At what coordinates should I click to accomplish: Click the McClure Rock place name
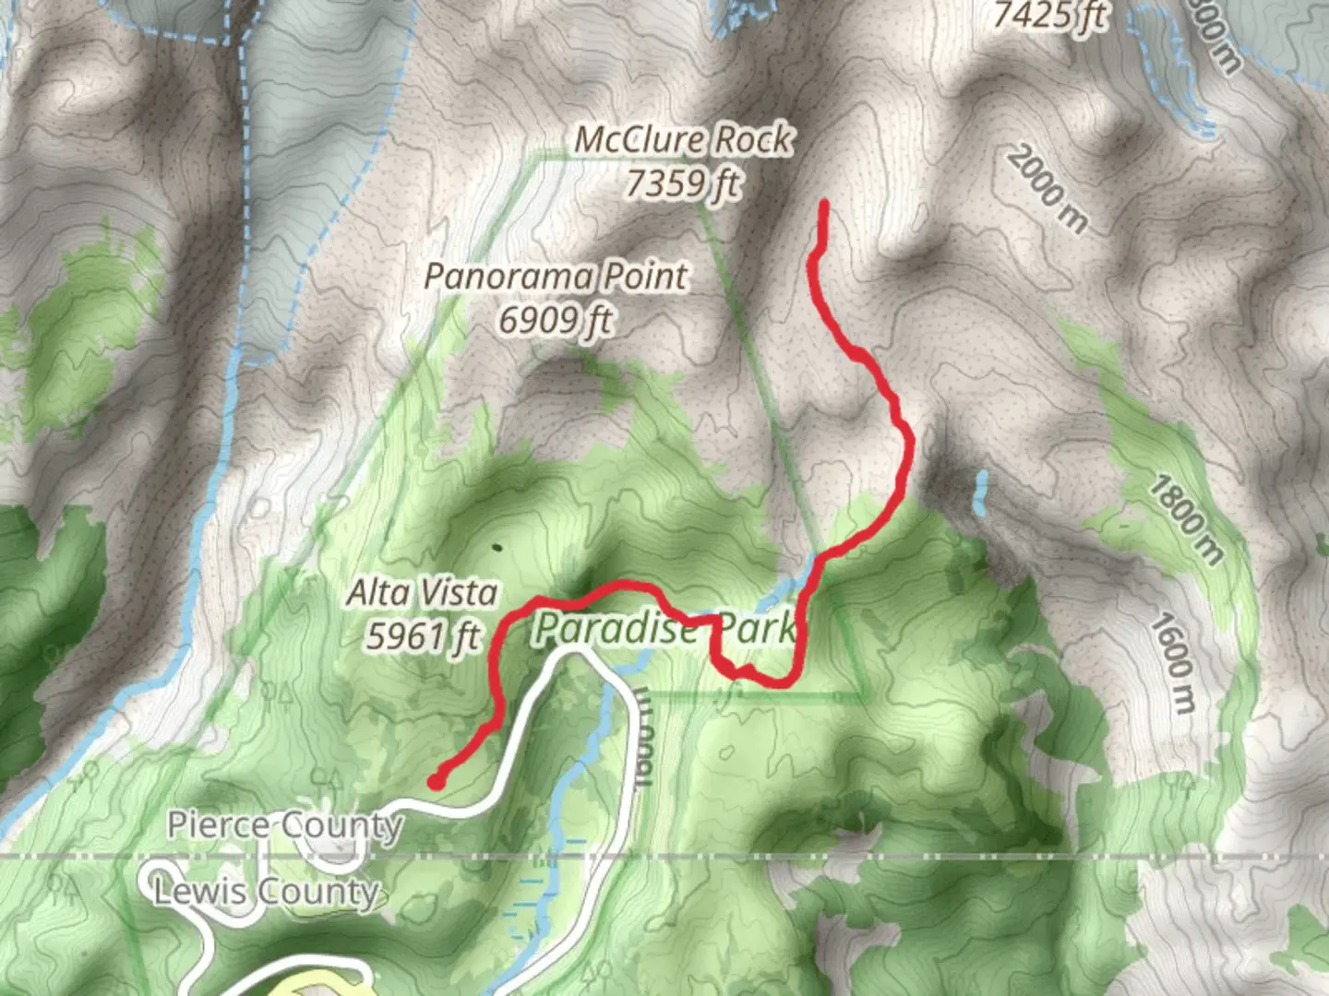[x=683, y=140]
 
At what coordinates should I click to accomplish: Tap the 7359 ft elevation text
[x=683, y=184]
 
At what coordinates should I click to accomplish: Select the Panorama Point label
[x=556, y=276]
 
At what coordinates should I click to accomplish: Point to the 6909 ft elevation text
[x=556, y=320]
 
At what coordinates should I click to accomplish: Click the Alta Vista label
[x=423, y=592]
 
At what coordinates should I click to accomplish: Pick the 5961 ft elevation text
[x=423, y=635]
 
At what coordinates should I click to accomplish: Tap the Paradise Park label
[x=664, y=628]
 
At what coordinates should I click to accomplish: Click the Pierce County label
[x=285, y=824]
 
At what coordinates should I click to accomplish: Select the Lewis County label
[x=267, y=892]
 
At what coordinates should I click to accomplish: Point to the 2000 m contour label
[x=1047, y=189]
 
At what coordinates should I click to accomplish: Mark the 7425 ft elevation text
[x=1050, y=15]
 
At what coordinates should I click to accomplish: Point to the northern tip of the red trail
[x=822, y=204]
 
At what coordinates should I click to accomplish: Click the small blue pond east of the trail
[x=980, y=493]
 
